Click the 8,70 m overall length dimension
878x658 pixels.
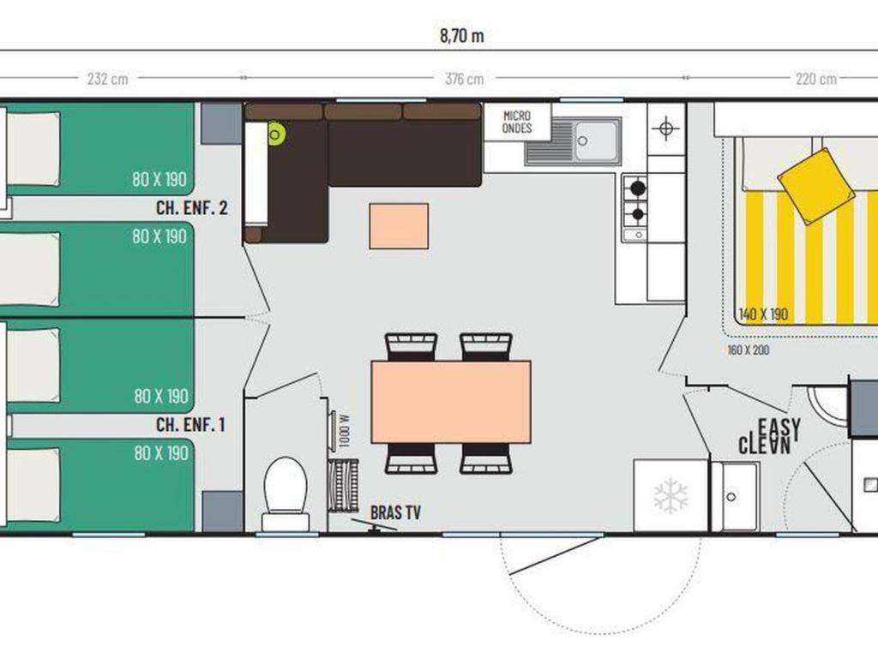pos(462,36)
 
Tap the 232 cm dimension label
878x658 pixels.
pos(107,78)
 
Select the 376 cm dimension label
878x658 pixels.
pos(464,79)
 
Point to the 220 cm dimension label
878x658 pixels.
pos(816,79)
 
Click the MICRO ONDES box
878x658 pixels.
pos(517,122)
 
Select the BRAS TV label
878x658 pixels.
pos(395,512)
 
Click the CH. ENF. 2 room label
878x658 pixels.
pos(191,208)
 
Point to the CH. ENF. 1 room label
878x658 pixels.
pos(190,425)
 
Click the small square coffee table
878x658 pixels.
pos(399,226)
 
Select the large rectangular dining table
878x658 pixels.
pos(451,402)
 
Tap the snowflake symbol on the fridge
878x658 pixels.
pos(671,496)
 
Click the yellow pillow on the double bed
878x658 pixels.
pos(816,186)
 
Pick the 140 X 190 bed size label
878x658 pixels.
pos(763,314)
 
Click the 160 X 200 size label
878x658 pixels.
pos(748,350)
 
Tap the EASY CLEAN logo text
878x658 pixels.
pos(769,436)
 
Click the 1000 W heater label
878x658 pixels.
pos(345,430)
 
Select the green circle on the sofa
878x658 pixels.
pos(275,134)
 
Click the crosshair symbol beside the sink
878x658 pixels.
pos(665,129)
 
